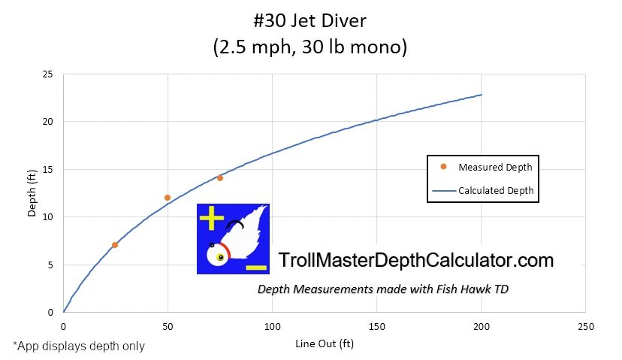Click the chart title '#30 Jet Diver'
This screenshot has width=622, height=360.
click(310, 20)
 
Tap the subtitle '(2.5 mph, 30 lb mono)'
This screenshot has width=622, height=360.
click(310, 47)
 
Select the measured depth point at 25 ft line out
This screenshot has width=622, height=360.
click(115, 245)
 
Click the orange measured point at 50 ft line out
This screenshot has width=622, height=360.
click(168, 198)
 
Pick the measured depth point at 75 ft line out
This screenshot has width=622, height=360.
click(220, 178)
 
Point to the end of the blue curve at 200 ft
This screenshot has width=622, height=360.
click(481, 95)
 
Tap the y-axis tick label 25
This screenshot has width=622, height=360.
click(47, 74)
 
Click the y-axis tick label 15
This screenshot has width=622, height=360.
click(47, 169)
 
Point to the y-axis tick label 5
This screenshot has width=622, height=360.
click(50, 265)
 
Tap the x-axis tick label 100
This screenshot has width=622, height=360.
click(272, 327)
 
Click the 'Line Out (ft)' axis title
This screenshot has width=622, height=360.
click(325, 344)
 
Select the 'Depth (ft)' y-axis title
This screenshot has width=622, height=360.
click(32, 192)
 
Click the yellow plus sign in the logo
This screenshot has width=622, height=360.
click(212, 219)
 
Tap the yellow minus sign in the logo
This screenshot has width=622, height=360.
click(255, 268)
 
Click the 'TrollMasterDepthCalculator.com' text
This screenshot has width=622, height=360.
click(415, 261)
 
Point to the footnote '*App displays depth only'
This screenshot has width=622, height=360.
click(78, 346)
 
